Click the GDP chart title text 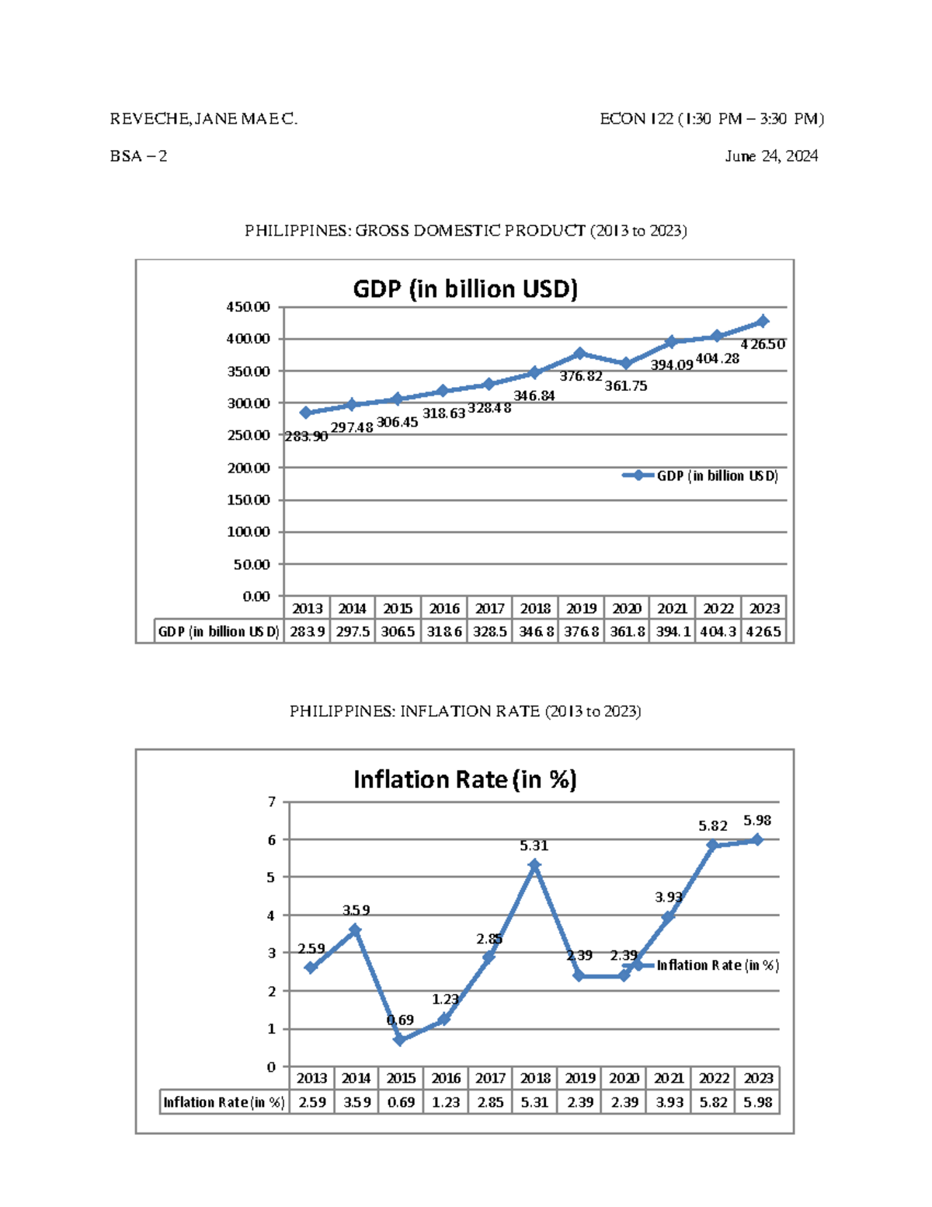pos(465,289)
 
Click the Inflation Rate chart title pos(464,780)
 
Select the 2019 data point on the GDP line pos(580,354)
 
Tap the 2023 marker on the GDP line pos(763,321)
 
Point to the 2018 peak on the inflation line pos(534,865)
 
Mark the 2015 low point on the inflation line pos(400,1040)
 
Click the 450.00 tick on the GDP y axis pos(249,307)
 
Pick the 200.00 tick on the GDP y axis pos(249,468)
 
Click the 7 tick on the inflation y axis pos(272,801)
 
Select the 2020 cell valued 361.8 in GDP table pos(627,632)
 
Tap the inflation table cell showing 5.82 pos(713,1102)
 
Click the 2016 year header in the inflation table pos(446,1078)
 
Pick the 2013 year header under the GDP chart pos(308,609)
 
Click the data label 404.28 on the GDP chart pos(717,358)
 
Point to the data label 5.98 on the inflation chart pos(757,821)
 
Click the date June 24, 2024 pos(771,156)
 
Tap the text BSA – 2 pos(138,156)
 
